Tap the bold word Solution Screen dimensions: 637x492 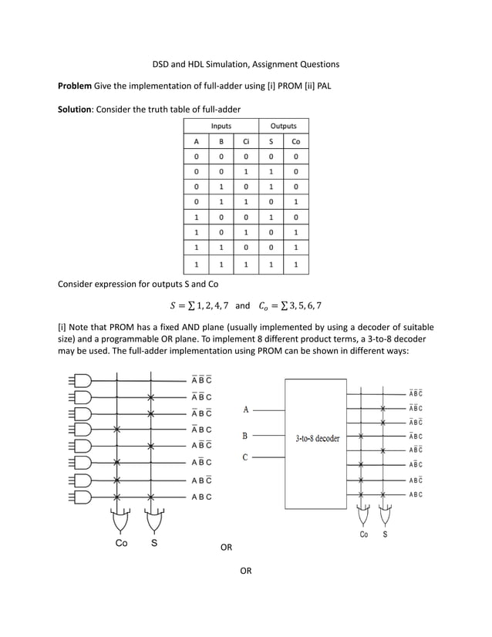76,110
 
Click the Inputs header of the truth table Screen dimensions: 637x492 221,126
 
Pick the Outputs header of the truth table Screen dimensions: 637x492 283,126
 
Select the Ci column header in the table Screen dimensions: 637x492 245,142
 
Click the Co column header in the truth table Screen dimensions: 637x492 295,142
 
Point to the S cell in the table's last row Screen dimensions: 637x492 271,264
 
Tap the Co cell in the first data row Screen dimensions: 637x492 295,157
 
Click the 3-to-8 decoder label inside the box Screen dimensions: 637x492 318,438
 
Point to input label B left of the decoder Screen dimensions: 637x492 244,435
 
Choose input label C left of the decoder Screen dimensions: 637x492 244,457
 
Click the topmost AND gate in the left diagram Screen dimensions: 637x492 80,380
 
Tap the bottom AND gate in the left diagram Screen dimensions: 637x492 80,496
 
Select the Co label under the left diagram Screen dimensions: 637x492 121,543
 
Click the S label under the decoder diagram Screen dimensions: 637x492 385,534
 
